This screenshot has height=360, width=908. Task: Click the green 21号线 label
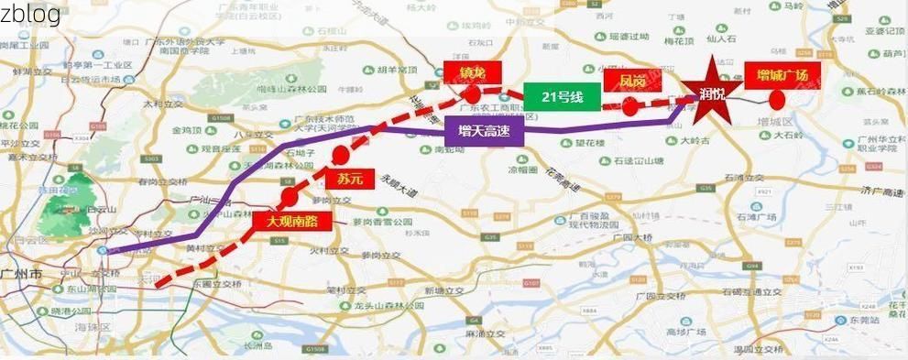coord(563,95)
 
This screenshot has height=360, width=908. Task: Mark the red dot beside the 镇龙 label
coord(473,93)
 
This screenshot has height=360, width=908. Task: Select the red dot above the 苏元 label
coord(341,153)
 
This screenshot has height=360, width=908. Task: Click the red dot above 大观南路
coord(290,196)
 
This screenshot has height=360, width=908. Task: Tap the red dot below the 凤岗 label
coord(630,107)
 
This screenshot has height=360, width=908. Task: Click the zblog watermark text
coord(30,14)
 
